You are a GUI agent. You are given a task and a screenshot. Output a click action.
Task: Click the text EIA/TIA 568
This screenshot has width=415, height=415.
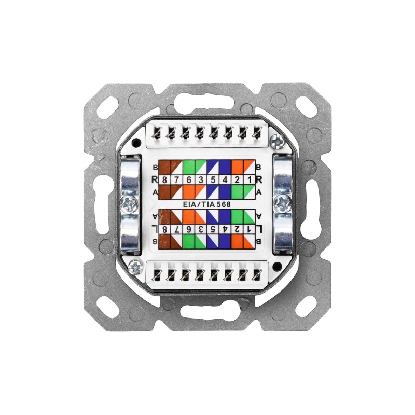[208, 204]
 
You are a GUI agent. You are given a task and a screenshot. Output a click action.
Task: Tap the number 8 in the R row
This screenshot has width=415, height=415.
[165, 180]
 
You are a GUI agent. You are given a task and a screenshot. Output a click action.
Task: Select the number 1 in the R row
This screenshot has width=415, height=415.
[250, 180]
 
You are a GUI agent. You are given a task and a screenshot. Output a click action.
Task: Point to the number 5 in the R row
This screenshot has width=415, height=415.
[213, 180]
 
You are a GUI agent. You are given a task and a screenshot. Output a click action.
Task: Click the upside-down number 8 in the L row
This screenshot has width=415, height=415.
[165, 229]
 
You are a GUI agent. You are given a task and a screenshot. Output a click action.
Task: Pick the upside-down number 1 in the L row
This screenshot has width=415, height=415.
[250, 229]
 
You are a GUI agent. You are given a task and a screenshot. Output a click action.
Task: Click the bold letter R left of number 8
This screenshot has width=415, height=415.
[154, 180]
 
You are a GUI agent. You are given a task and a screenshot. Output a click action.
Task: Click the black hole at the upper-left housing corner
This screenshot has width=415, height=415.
[136, 142]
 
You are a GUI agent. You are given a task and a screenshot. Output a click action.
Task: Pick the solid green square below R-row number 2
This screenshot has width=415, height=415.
[238, 192]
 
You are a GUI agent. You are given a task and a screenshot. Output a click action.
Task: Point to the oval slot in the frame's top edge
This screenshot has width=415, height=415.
[208, 101]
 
